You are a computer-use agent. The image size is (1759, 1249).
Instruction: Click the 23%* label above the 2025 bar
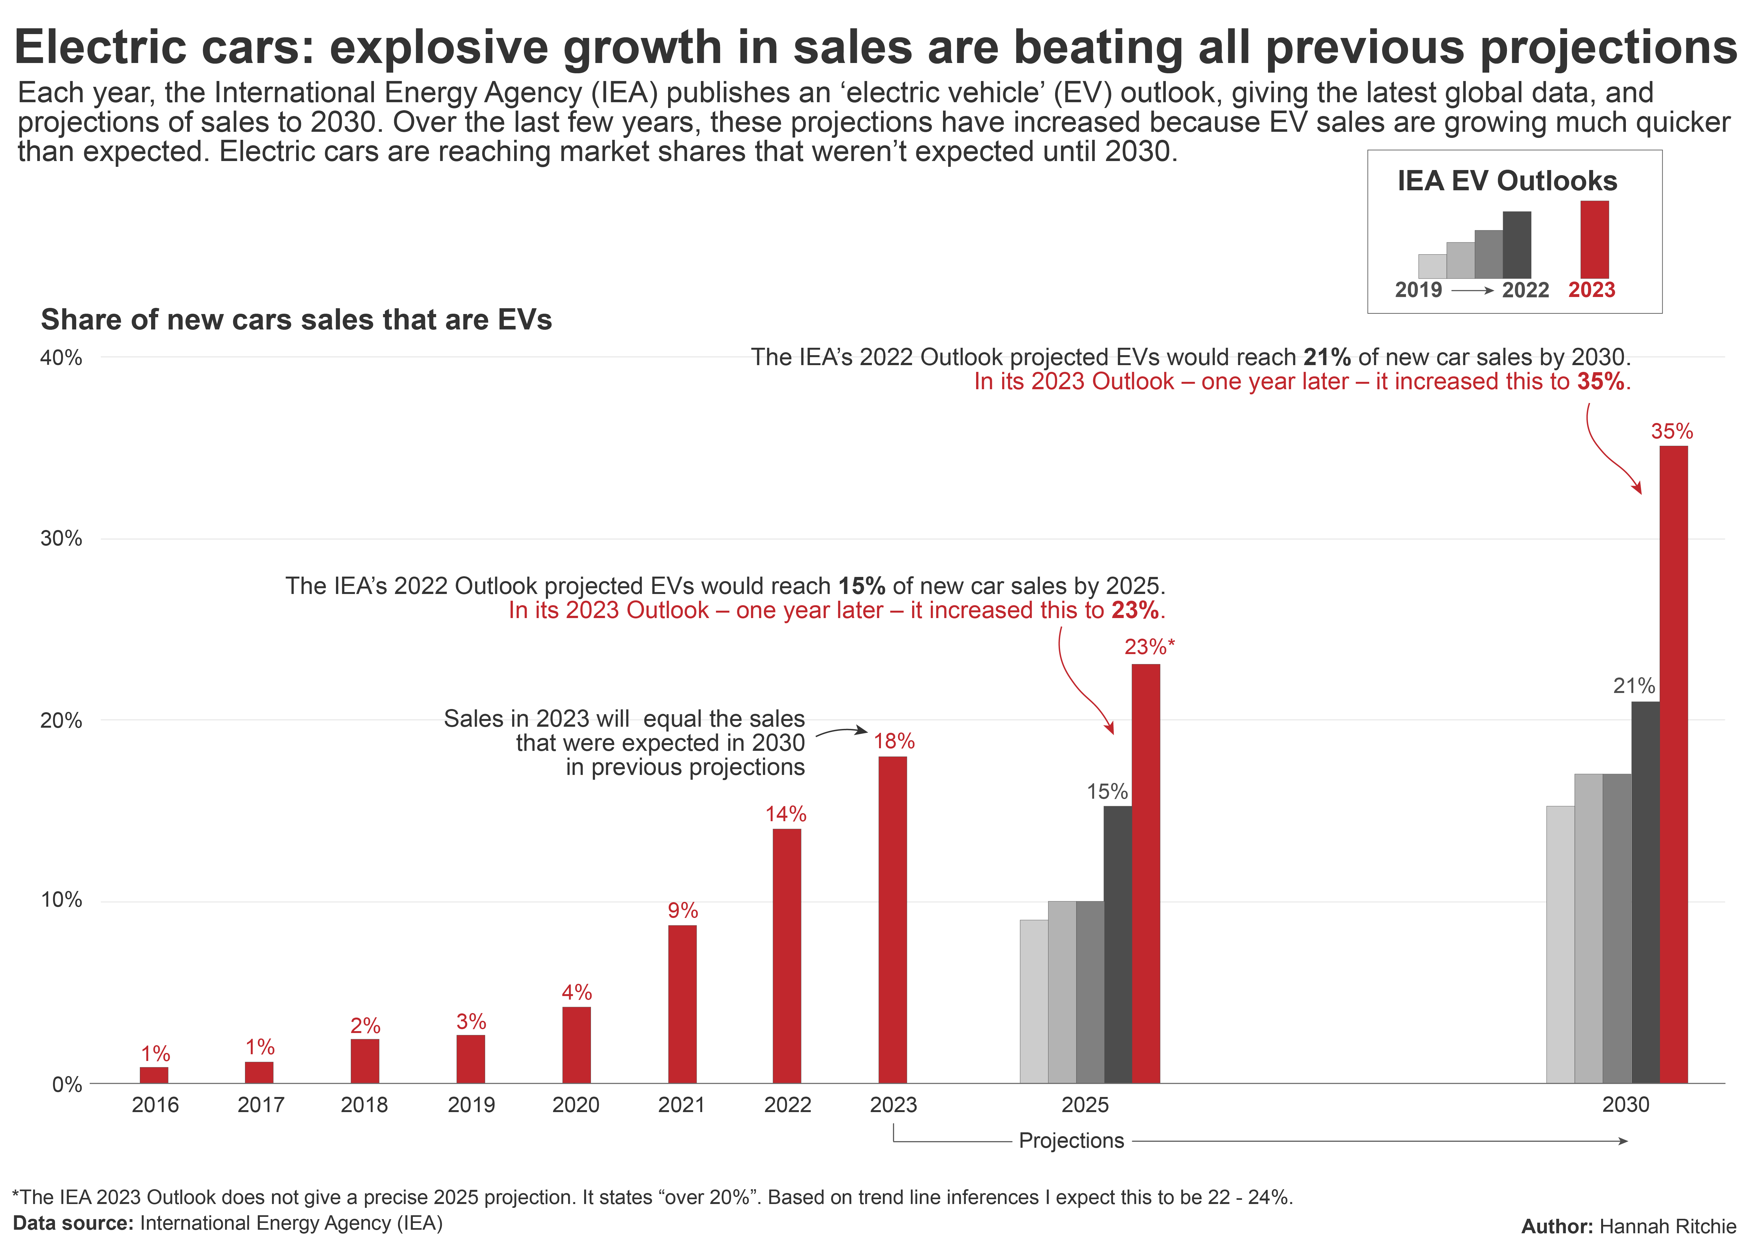(1149, 647)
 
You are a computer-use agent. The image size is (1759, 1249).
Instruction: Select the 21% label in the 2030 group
(1634, 685)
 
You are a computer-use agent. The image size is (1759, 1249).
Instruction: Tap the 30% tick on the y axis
(61, 538)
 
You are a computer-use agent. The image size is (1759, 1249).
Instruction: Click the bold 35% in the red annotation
(1600, 382)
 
